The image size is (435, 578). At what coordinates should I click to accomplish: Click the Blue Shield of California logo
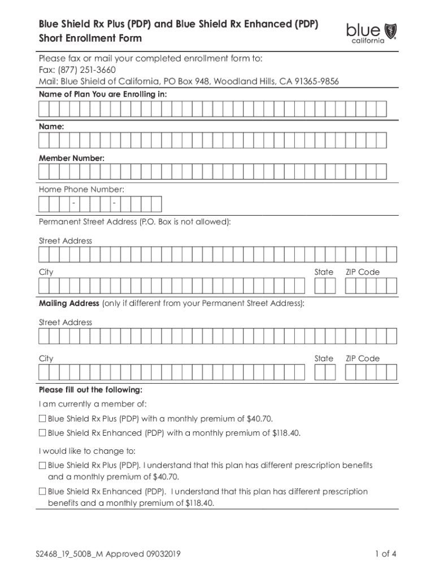[x=371, y=33]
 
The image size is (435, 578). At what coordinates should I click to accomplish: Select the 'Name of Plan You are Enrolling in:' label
[x=103, y=94]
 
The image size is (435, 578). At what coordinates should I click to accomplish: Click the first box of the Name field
[x=43, y=140]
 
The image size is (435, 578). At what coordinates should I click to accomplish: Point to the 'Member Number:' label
[x=71, y=159]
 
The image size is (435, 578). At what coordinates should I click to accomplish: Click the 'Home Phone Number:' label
[x=81, y=190]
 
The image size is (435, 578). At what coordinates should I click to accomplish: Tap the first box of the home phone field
[x=43, y=204]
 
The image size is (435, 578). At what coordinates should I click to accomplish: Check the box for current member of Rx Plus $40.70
[x=42, y=419]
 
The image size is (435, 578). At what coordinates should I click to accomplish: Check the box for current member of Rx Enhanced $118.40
[x=42, y=433]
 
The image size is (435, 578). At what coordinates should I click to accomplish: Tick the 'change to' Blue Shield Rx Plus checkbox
[x=42, y=466]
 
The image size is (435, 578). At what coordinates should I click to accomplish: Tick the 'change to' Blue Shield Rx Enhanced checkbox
[x=42, y=492]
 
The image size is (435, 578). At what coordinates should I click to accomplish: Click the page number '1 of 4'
[x=386, y=554]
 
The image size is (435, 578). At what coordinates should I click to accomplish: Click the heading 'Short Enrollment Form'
[x=90, y=38]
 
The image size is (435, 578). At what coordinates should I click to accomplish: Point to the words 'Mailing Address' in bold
[x=69, y=304]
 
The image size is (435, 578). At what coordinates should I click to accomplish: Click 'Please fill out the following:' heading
[x=90, y=390]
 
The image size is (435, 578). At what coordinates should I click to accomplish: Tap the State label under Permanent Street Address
[x=324, y=272]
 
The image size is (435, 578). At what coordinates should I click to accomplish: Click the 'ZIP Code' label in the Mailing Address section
[x=363, y=358]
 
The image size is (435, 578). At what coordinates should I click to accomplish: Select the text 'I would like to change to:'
[x=87, y=451]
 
